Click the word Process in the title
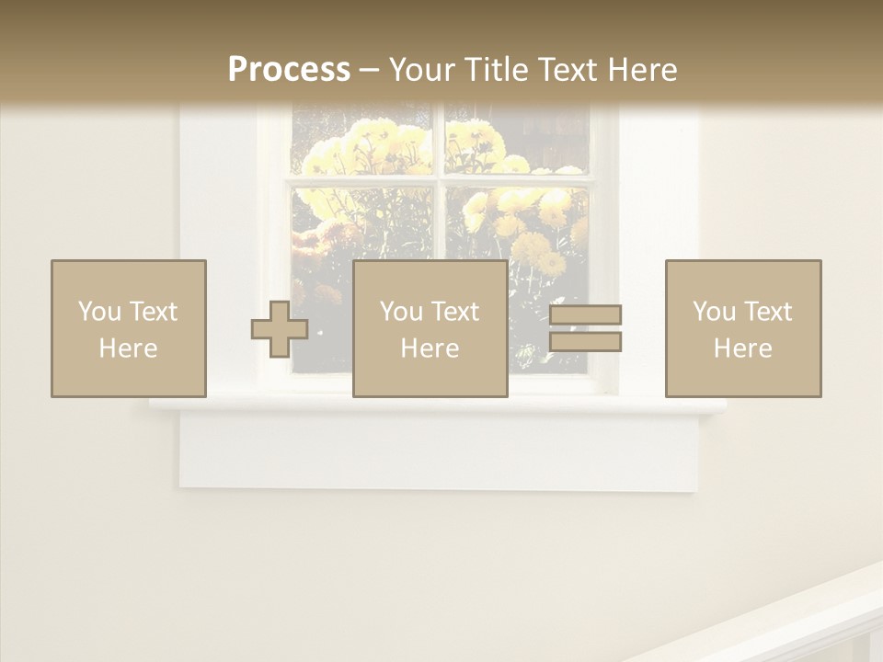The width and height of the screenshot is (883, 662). [x=289, y=70]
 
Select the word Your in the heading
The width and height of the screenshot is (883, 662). [x=422, y=70]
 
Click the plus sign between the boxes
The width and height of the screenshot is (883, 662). [x=280, y=329]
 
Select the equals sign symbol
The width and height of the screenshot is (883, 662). [x=585, y=328]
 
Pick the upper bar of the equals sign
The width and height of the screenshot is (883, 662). [x=585, y=314]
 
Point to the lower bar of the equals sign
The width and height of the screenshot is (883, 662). [x=585, y=342]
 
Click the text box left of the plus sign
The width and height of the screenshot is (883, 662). [x=129, y=328]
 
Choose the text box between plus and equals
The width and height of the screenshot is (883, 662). [x=430, y=328]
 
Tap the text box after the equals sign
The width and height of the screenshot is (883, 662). [x=743, y=328]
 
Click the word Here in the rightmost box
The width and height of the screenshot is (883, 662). [x=743, y=348]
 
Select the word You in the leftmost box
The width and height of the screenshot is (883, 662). [x=99, y=312]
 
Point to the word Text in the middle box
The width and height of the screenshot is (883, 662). [x=455, y=312]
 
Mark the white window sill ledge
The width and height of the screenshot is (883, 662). [x=438, y=405]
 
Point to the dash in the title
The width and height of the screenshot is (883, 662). [x=369, y=70]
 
